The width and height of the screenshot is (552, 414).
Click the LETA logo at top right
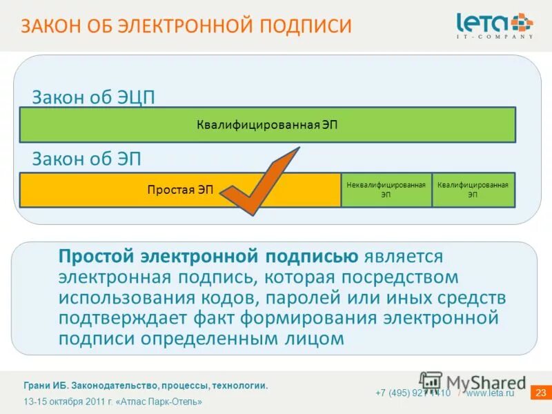494,25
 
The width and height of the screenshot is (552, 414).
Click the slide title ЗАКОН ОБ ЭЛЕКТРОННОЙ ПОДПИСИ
186,26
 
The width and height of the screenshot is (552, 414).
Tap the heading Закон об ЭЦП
93,97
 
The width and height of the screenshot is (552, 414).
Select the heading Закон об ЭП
86,159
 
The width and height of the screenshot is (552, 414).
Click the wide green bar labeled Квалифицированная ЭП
267,125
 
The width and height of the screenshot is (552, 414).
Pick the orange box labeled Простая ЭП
180,190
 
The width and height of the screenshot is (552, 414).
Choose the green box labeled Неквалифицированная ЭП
386,190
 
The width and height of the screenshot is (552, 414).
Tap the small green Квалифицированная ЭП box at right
473,190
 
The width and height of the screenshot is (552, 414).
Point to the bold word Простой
96,257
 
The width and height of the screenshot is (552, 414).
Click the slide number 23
540,393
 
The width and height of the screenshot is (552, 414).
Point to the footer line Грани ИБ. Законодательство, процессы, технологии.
146,386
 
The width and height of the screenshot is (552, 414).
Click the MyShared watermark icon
431,382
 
